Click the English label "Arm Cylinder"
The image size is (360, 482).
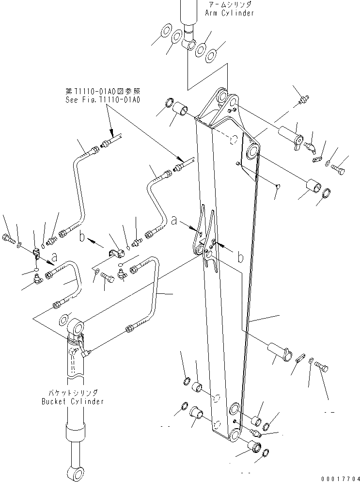tap(229, 13)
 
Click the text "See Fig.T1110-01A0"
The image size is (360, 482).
tap(103, 99)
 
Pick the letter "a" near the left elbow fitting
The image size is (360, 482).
tap(54, 256)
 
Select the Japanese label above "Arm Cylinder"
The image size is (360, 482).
tap(229, 4)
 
